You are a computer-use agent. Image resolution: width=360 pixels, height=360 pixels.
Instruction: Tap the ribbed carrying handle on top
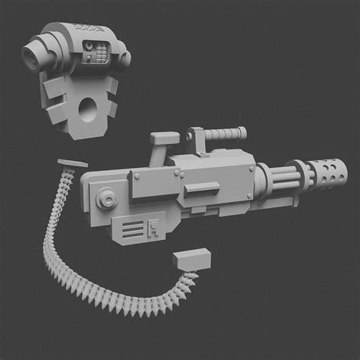click(224, 135)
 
